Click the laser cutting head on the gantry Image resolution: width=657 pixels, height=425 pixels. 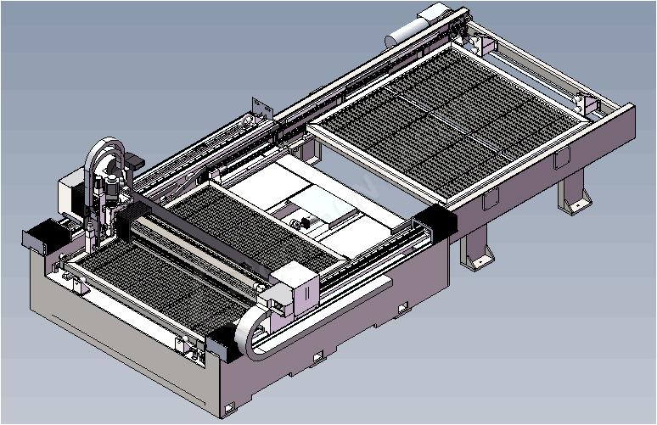(x=108, y=204)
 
